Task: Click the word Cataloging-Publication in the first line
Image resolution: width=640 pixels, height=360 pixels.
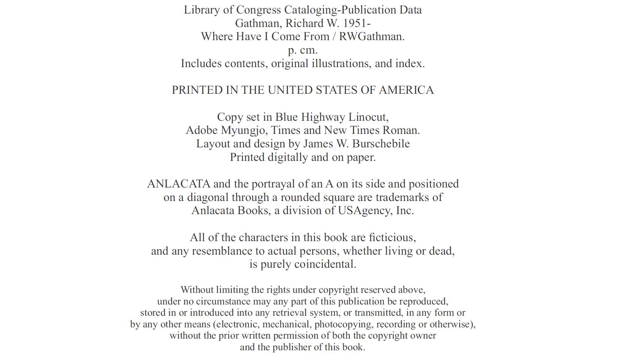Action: point(347,10)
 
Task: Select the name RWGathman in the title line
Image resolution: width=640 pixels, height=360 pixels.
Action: point(372,36)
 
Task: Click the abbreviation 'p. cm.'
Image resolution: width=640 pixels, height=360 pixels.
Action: point(303,50)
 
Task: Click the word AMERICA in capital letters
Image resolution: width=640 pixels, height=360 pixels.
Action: point(406,90)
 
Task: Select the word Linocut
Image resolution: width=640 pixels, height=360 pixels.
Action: point(368,117)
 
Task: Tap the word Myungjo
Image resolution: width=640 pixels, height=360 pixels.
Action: point(244,130)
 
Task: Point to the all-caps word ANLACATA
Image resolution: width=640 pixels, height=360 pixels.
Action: point(178,184)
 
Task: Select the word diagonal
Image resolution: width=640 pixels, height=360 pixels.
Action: point(208,197)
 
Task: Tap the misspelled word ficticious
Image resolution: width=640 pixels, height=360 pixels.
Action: point(392,237)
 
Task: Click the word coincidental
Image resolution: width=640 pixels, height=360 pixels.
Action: point(325,264)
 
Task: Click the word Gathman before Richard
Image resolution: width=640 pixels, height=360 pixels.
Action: point(258,23)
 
